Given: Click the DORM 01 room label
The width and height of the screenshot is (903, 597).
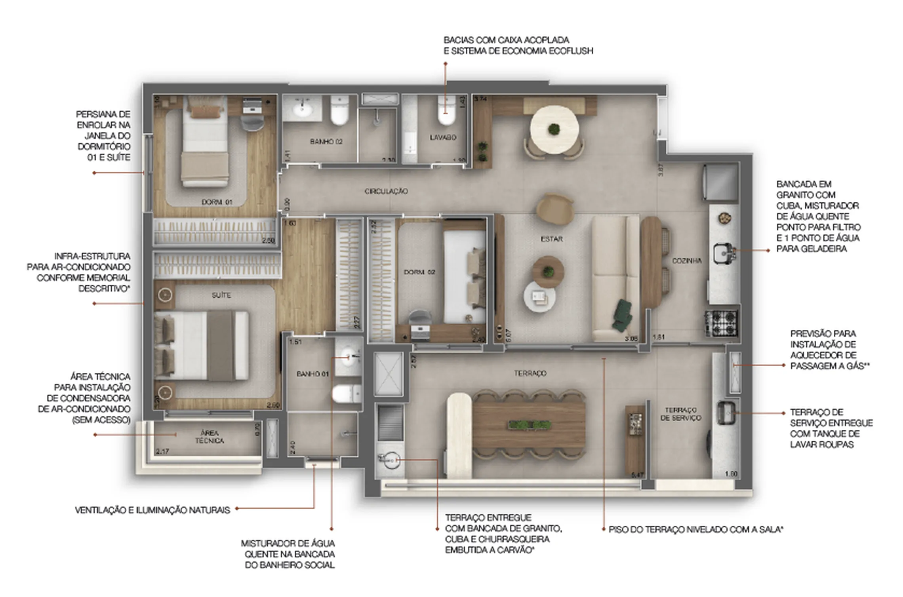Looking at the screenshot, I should (217, 202).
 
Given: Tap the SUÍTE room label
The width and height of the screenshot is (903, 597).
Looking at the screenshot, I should (221, 295).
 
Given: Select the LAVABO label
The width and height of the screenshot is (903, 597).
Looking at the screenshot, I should (443, 137).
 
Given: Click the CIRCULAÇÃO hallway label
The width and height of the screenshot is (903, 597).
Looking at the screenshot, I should (386, 191).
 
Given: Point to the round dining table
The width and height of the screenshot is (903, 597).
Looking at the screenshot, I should (554, 129).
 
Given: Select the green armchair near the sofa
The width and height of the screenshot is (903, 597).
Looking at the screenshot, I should (621, 315).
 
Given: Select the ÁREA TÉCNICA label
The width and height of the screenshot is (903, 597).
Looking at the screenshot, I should (209, 437).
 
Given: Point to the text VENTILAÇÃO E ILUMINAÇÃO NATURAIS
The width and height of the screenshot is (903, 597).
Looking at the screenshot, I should (152, 510).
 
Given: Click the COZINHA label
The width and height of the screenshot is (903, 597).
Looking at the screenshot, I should (687, 261).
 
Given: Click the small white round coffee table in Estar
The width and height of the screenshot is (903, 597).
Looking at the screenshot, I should (539, 297).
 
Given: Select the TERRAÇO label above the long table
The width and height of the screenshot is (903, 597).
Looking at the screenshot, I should (530, 373).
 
